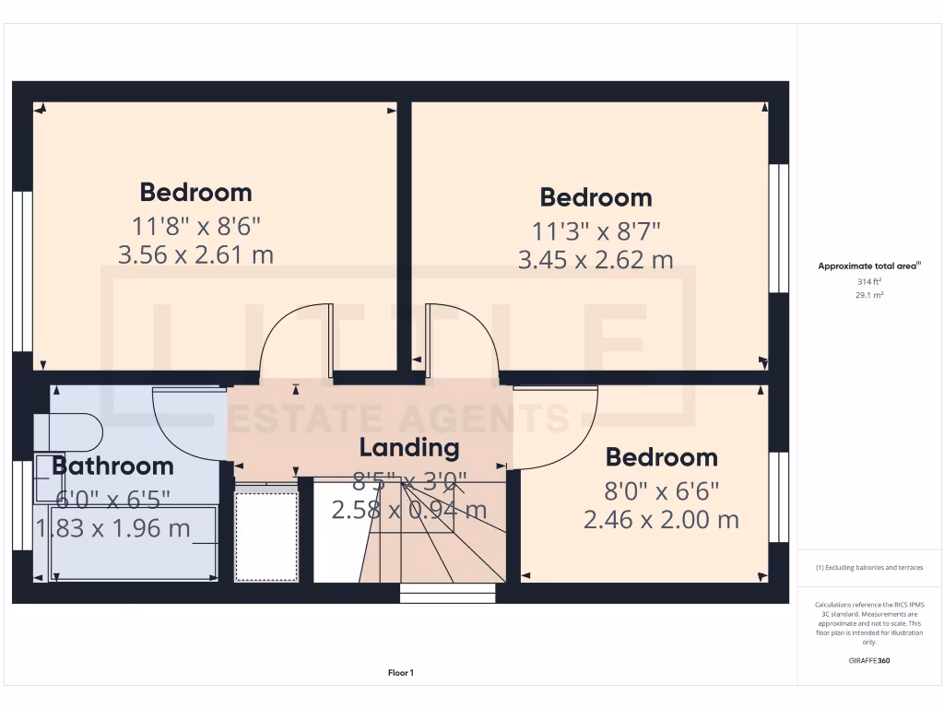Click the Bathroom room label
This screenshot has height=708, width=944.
coord(112,466)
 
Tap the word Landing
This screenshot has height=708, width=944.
coord(408,448)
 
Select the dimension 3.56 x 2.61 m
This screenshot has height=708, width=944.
coord(195,254)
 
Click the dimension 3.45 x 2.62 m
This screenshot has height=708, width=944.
coord(595,260)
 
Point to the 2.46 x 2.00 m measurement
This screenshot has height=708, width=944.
coord(661,520)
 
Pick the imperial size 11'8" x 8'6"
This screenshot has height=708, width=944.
coord(195,225)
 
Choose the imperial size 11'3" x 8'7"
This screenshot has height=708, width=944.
coord(595,230)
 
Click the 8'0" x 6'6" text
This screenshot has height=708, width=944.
coord(661,490)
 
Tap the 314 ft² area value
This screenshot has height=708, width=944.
coord(870,280)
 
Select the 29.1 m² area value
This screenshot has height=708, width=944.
coord(870,294)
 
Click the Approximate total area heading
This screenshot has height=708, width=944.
coord(870,265)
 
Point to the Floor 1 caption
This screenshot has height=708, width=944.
coord(401,673)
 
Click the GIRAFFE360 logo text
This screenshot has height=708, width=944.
coord(869,660)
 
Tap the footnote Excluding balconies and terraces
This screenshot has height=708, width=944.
coord(869,568)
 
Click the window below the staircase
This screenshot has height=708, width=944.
coord(448,596)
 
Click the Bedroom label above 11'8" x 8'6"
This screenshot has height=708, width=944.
coord(195,193)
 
